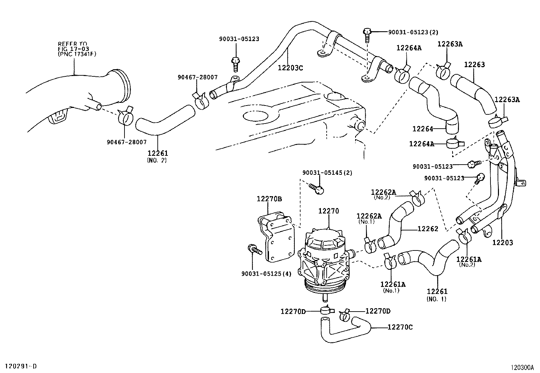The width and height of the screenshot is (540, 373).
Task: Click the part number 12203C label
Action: click(290, 68)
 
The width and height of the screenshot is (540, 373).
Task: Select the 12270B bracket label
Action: click(269, 199)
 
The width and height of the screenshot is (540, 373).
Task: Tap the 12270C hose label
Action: click(400, 327)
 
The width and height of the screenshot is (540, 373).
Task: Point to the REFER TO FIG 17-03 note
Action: click(77, 49)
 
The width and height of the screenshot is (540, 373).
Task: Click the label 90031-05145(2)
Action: click(327, 173)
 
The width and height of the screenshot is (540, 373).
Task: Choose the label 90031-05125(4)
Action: click(266, 274)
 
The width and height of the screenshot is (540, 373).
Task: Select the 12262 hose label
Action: click(428, 229)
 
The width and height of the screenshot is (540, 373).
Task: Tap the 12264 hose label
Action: click(423, 129)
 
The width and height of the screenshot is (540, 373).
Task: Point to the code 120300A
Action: click(523, 367)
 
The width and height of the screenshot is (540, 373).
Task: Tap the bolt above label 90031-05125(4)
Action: click(254, 249)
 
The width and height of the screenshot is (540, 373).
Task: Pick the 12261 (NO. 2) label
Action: click(157, 156)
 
